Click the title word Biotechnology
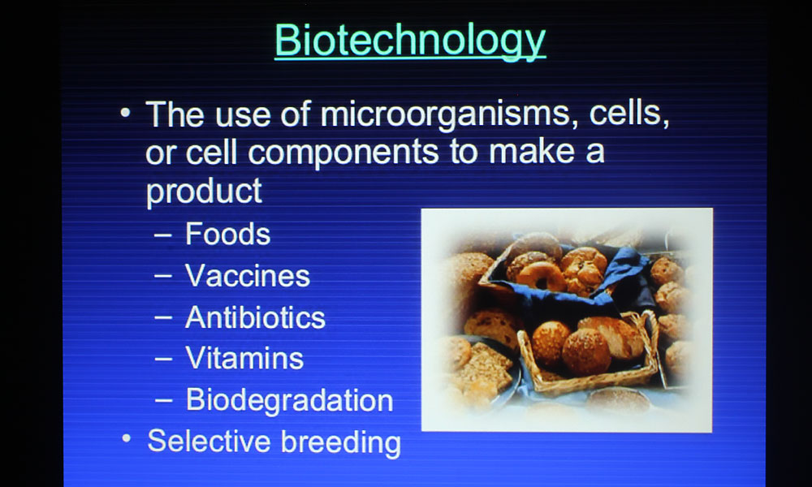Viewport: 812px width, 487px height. pyautogui.click(x=410, y=41)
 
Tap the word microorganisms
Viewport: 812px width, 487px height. pyautogui.click(x=445, y=114)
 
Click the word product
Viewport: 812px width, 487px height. pyautogui.click(x=204, y=192)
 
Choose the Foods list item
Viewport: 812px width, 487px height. pyautogui.click(x=228, y=234)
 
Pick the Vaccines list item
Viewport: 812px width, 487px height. pyautogui.click(x=248, y=275)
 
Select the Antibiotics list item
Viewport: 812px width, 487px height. pyautogui.click(x=255, y=317)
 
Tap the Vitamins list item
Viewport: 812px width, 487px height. pyautogui.click(x=244, y=358)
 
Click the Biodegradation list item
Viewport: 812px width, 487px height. pyautogui.click(x=290, y=400)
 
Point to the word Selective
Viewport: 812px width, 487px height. pyautogui.click(x=209, y=441)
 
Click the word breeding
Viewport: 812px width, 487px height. pyautogui.click(x=341, y=443)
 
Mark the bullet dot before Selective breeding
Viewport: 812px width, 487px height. pyautogui.click(x=127, y=438)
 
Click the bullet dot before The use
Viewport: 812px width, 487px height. pyautogui.click(x=125, y=112)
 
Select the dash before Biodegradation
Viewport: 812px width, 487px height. pyautogui.click(x=163, y=401)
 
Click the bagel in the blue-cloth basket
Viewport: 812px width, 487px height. pyautogui.click(x=541, y=276)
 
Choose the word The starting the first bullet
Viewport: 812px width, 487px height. pyautogui.click(x=175, y=114)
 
